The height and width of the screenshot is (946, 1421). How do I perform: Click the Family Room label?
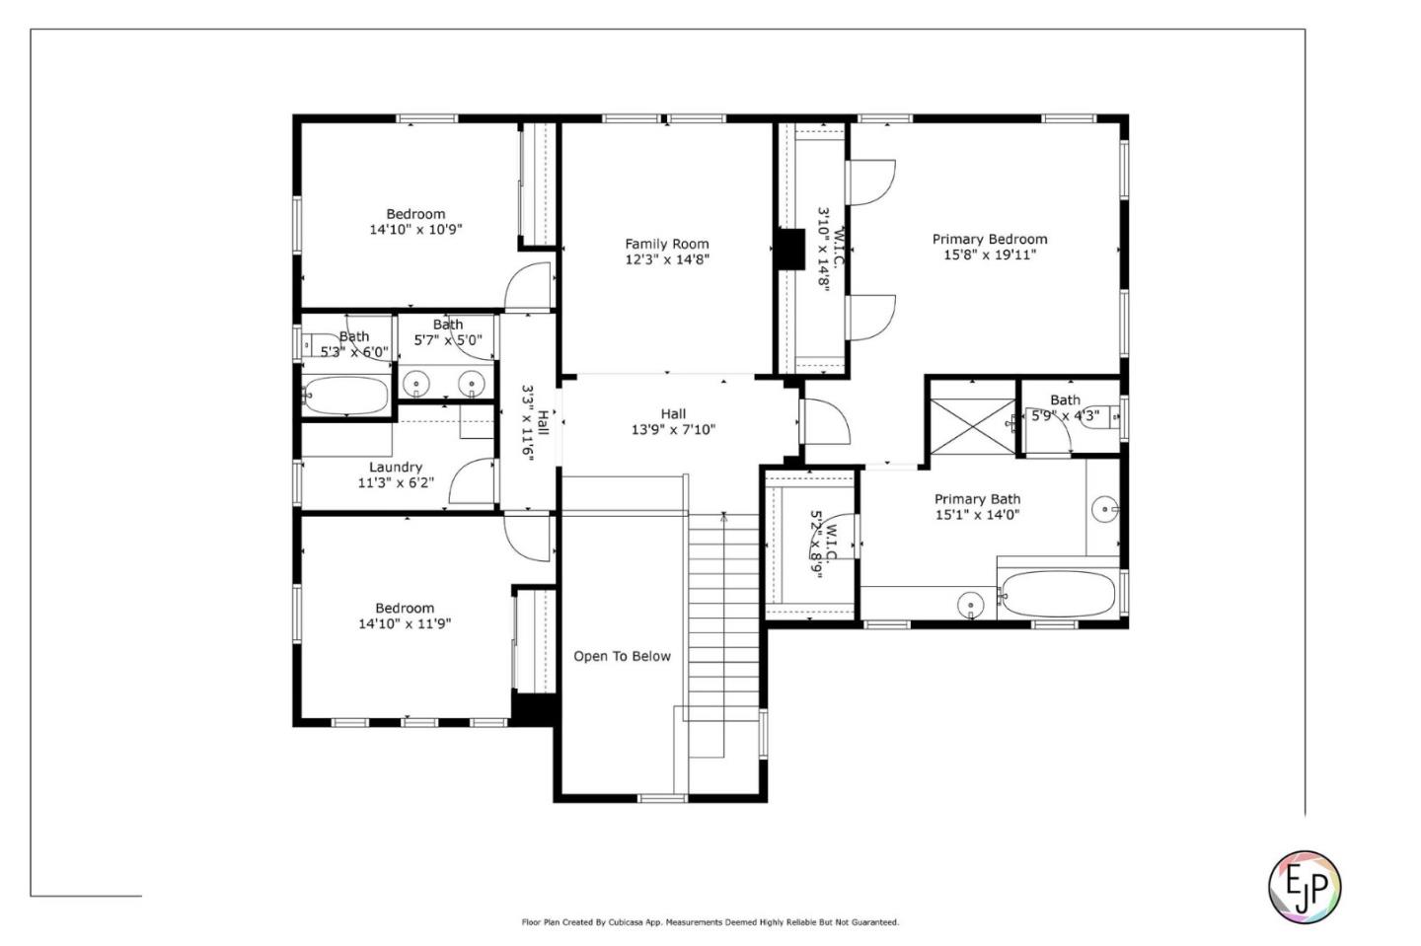[x=666, y=244]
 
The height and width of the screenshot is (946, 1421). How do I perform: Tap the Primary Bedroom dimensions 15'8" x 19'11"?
[x=989, y=255]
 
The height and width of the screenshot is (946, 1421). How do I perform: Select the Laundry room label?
[x=396, y=467]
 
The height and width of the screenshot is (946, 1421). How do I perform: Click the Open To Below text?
[x=622, y=656]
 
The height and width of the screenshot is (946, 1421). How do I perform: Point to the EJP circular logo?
[x=1304, y=886]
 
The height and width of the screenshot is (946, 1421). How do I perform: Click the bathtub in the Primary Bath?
[x=1059, y=594]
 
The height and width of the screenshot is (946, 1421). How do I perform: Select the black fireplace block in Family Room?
[x=789, y=249]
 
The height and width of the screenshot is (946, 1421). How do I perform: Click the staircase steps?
[x=724, y=631]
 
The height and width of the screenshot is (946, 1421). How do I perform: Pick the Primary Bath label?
[x=977, y=499]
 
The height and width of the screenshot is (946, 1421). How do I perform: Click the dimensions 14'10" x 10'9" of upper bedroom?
[x=415, y=230]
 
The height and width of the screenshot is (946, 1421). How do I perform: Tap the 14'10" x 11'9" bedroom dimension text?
[x=405, y=623]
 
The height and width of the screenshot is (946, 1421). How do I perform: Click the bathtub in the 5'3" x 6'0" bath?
[x=345, y=396]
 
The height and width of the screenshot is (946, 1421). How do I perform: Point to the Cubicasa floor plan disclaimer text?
[x=710, y=922]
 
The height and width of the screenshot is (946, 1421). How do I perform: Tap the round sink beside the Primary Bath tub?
[x=971, y=604]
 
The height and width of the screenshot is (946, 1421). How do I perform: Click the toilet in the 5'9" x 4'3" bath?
[x=1113, y=417]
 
